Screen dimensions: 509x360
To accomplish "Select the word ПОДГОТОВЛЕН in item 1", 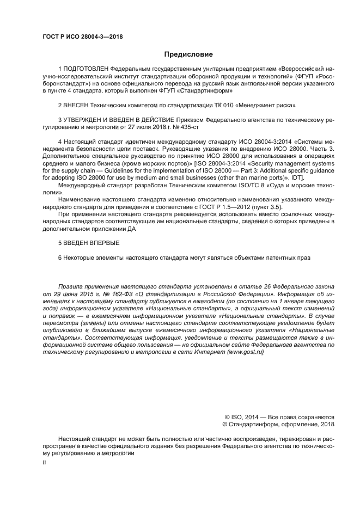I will tap(86, 70).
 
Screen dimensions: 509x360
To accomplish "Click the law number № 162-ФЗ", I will tap(117, 292).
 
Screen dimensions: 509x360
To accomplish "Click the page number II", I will tap(45, 462).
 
